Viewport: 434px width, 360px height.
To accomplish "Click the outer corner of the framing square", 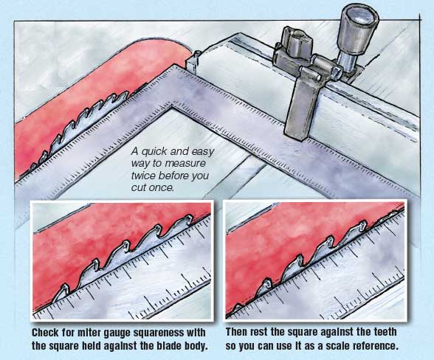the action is click(x=175, y=66).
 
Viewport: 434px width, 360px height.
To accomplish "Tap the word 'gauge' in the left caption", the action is click(x=117, y=333).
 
